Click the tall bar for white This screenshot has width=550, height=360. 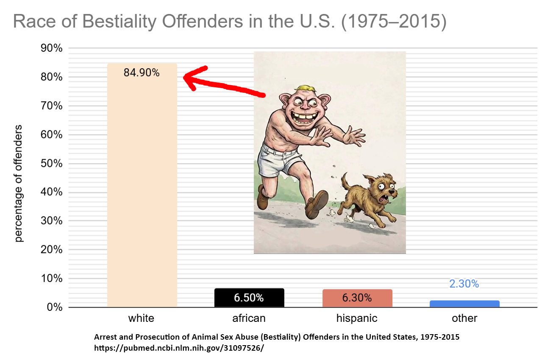142,185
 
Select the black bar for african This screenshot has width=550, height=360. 249,298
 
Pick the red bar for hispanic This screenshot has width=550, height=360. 357,298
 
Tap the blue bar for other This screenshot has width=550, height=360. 464,304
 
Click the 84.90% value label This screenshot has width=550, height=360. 142,73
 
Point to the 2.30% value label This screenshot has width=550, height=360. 464,284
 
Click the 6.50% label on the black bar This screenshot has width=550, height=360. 249,298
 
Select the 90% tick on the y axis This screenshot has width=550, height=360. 52,48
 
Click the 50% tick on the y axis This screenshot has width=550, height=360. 52,163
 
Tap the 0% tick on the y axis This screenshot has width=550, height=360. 55,307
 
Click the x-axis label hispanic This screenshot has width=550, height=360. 357,318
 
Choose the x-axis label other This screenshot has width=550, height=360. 464,318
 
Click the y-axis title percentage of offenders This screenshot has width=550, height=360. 19,183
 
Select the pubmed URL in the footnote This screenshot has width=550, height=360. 179,348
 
